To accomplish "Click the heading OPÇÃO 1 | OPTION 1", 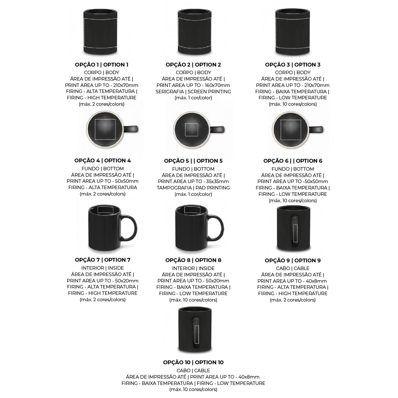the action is [102, 65].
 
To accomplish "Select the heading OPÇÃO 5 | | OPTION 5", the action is [193, 161].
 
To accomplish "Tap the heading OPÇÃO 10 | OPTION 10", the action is [193, 362].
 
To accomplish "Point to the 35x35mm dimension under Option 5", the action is [217, 181].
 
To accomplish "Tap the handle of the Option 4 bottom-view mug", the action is [131, 129].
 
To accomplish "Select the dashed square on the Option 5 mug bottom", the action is [191, 130].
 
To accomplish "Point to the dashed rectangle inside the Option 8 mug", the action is [192, 210].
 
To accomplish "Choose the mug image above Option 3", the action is [293, 32].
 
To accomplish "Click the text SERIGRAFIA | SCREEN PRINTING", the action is [193, 92].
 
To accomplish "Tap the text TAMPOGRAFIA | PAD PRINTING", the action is [193, 188].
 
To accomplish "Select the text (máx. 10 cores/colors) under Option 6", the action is [293, 201].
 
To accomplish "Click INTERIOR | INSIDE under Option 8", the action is [193, 268].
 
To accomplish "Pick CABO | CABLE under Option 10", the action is [193, 371].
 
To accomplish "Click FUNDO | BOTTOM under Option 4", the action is [103, 169].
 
